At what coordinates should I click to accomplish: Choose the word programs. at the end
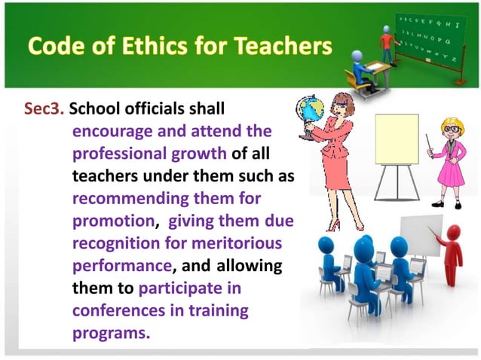coord(111,332)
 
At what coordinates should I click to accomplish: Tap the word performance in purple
coord(123,266)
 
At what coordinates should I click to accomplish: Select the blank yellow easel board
coord(397,139)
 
